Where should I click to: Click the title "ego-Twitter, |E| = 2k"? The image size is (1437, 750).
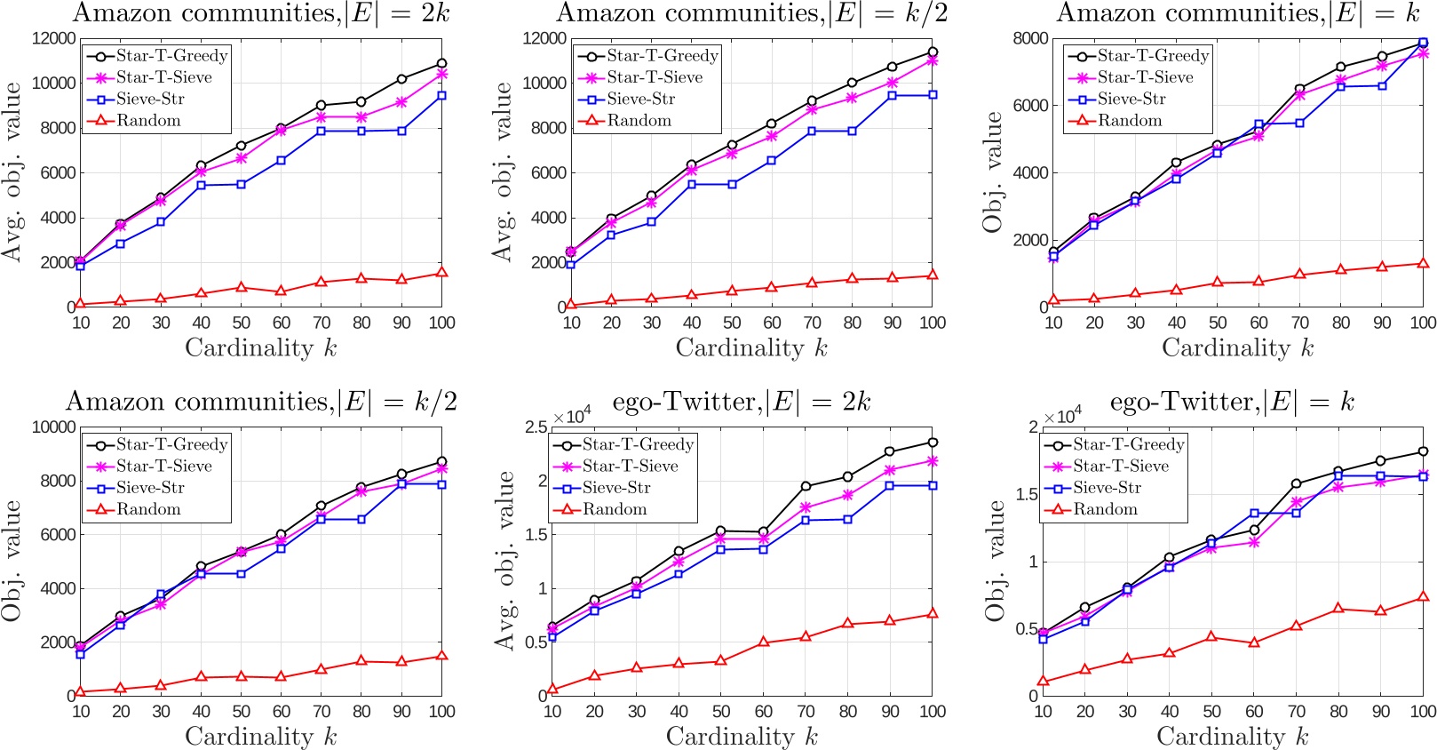coord(741,403)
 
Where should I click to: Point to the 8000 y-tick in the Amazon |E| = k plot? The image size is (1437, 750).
coord(1030,38)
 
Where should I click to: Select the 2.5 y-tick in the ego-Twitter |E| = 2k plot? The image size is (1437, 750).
coord(536,427)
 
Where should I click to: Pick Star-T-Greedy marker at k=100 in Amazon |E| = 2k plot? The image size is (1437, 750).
coord(441,64)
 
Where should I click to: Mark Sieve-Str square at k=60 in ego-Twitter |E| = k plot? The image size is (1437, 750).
coord(1254,514)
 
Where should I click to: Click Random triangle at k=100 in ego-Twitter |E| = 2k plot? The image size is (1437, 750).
coord(933,613)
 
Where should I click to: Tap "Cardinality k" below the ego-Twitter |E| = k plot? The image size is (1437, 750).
coord(1232,737)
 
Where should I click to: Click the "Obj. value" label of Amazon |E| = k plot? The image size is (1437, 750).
coord(993,172)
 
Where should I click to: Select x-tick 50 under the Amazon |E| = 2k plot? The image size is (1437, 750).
coord(242,323)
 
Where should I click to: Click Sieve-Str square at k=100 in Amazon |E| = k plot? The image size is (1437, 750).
coord(1423,43)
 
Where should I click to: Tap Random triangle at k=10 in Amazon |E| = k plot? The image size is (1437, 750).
coord(1054,300)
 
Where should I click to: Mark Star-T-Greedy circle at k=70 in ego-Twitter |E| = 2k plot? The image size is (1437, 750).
coord(806,486)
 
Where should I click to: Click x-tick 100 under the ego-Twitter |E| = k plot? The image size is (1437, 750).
coord(1423,711)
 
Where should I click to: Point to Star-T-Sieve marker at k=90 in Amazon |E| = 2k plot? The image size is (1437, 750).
coord(401,102)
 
